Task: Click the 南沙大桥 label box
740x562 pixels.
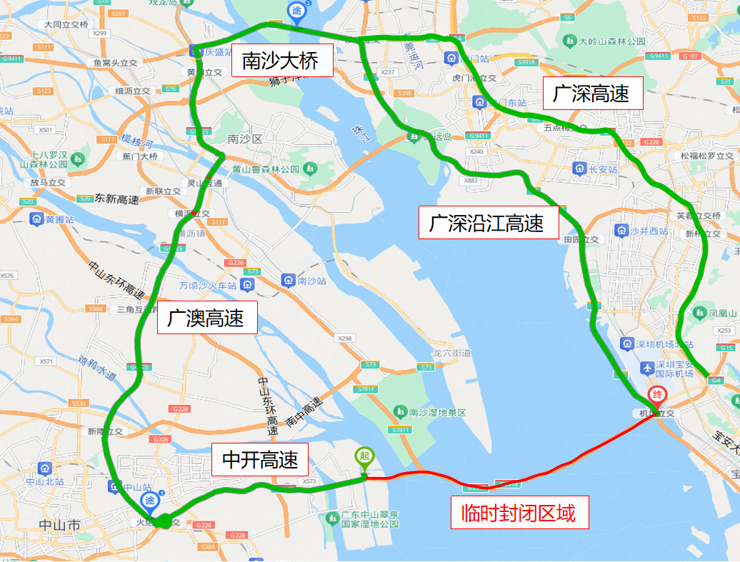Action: [281, 61]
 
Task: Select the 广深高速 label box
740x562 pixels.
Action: [593, 93]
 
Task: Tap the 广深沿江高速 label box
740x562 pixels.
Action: [488, 224]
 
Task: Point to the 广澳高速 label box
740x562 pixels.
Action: [207, 318]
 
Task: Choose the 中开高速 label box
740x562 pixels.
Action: [260, 460]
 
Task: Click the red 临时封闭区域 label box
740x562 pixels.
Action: [519, 512]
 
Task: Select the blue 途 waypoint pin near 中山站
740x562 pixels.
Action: [150, 501]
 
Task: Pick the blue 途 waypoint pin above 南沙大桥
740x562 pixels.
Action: [297, 11]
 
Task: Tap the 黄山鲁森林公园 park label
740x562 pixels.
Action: [266, 169]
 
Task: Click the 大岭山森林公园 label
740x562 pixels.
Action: [612, 41]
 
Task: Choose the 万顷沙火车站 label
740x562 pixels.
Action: [208, 286]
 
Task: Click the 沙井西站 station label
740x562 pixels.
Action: [649, 231]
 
